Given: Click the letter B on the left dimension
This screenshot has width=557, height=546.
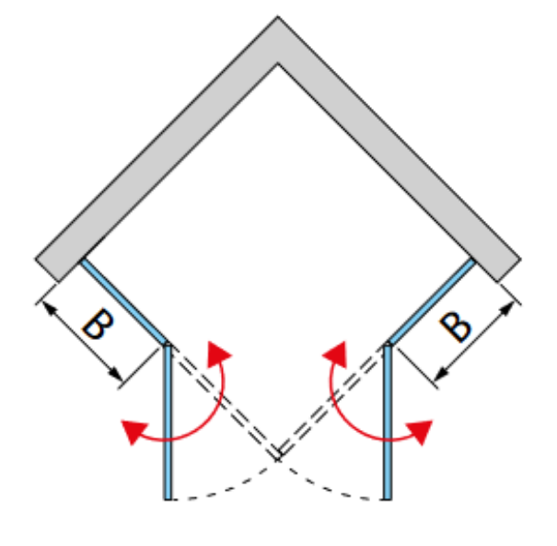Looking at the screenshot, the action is click(x=98, y=323).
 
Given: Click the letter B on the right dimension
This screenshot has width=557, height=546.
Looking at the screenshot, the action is click(x=456, y=327).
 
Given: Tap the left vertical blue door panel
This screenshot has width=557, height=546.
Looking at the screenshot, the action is click(x=168, y=422).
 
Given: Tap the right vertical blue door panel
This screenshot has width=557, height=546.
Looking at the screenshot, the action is click(x=388, y=422).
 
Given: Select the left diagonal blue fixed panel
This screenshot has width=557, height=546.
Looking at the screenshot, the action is click(x=124, y=302).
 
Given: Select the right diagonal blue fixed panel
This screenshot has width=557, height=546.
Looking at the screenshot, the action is click(x=431, y=302).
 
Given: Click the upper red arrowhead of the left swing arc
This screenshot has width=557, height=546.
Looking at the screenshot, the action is click(x=218, y=354).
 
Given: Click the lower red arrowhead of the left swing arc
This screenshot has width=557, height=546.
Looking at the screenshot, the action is click(x=133, y=431).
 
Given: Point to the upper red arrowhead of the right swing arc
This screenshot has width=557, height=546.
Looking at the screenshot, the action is click(x=336, y=354).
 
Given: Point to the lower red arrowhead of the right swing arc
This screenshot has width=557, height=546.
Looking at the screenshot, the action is click(x=420, y=431).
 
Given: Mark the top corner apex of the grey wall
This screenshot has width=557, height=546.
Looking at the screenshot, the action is click(x=278, y=17).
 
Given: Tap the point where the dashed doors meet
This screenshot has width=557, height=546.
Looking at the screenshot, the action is click(x=278, y=459).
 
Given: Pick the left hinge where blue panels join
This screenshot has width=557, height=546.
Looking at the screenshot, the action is click(x=168, y=344).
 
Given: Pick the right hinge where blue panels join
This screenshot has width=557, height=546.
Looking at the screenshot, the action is click(x=388, y=344).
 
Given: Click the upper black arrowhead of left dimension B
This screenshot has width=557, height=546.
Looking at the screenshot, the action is click(x=50, y=308).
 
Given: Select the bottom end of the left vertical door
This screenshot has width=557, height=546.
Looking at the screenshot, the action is click(x=168, y=499).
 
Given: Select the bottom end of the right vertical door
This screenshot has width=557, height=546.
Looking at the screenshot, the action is click(x=388, y=499).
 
